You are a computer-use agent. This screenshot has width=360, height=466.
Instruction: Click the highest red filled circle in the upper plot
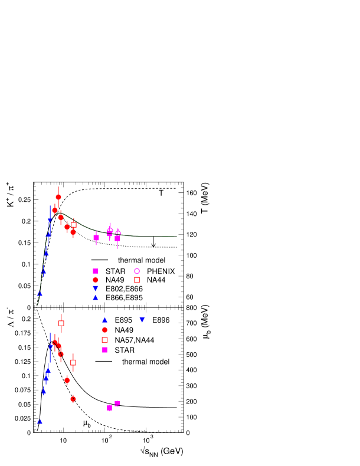[58, 197]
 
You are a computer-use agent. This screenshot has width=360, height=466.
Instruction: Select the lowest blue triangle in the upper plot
[40, 293]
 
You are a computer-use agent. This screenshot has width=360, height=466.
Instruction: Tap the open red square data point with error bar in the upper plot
[74, 225]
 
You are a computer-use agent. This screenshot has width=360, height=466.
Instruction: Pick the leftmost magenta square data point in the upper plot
[96, 238]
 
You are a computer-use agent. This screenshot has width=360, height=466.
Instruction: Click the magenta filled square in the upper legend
[95, 271]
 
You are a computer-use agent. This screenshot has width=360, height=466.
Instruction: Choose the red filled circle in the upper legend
[95, 280]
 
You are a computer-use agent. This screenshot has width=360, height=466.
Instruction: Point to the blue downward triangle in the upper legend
[95, 288]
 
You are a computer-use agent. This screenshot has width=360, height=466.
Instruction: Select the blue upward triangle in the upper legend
[95, 297]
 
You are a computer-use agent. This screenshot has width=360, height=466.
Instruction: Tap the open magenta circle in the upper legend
[137, 271]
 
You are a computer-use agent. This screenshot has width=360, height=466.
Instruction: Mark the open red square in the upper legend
[137, 280]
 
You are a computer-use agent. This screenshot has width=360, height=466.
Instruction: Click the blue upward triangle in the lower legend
[104, 320]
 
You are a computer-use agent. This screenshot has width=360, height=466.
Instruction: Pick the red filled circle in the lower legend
[104, 330]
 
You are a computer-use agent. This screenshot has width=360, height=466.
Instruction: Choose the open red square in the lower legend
[104, 340]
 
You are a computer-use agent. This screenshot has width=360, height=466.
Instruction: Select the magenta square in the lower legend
[104, 350]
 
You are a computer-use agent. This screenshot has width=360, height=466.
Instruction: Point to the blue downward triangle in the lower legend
[142, 320]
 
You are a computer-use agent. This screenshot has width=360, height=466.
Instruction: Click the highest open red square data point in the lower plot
[61, 323]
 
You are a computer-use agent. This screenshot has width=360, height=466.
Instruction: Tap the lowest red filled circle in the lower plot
[73, 399]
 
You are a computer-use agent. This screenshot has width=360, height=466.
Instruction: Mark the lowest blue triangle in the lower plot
[40, 422]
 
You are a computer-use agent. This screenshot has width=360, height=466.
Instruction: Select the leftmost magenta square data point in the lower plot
[109, 408]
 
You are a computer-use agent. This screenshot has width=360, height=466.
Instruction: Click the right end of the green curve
[176, 237]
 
